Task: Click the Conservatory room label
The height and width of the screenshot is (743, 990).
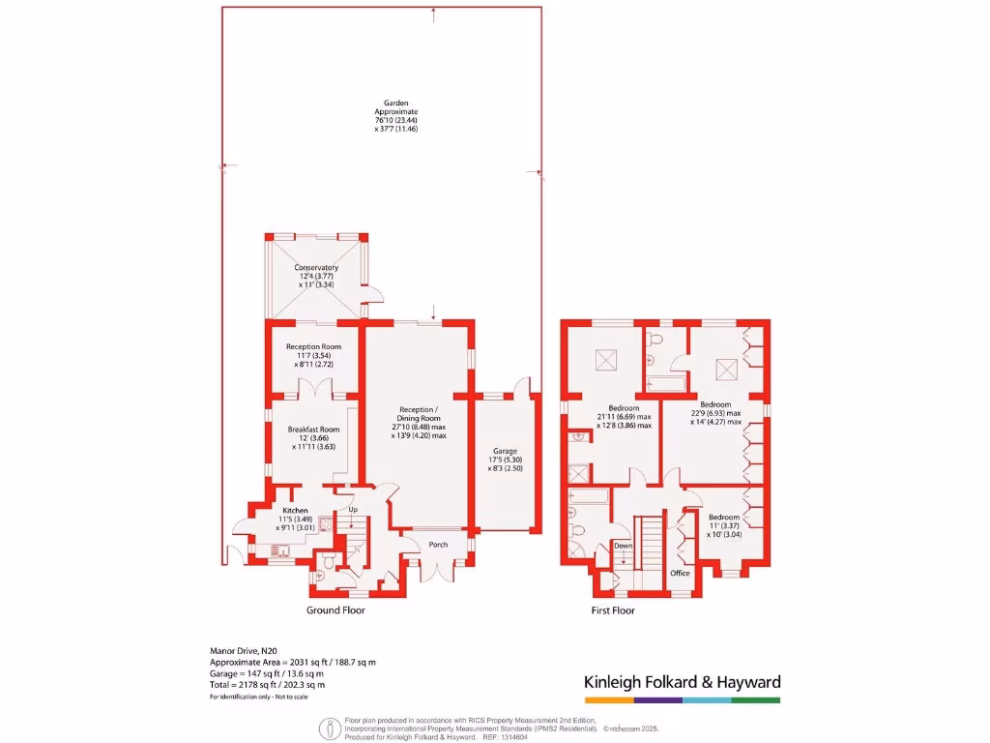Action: (316, 267)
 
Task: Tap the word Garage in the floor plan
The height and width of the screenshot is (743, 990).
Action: (505, 451)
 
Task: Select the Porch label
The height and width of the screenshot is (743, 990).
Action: (438, 545)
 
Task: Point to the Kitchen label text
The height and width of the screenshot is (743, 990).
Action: (295, 510)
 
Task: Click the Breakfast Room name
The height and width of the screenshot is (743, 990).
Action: (313, 430)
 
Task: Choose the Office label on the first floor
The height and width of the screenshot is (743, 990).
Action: (681, 573)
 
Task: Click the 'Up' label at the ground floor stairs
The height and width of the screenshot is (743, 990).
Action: (353, 510)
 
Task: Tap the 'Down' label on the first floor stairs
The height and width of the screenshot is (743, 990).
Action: (624, 546)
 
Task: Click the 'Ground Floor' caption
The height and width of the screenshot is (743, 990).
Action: (335, 610)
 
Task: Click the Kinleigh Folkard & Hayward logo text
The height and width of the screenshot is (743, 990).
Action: (682, 682)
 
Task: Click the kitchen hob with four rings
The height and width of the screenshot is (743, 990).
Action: (326, 526)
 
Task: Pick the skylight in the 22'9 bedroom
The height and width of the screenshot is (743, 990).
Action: (728, 368)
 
